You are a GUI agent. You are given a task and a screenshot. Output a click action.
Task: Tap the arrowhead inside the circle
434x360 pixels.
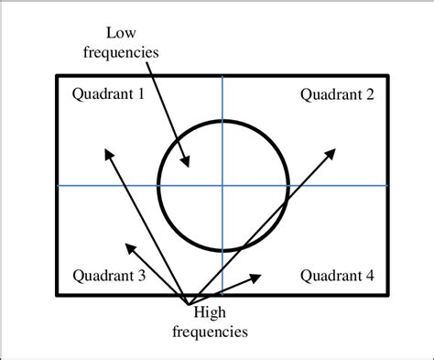[188, 165]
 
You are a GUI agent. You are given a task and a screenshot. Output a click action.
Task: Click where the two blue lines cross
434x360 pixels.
[222, 185]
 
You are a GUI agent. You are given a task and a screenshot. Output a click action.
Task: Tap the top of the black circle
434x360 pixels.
[222, 120]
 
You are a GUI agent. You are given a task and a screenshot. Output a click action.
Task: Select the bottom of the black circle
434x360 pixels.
[222, 250]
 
